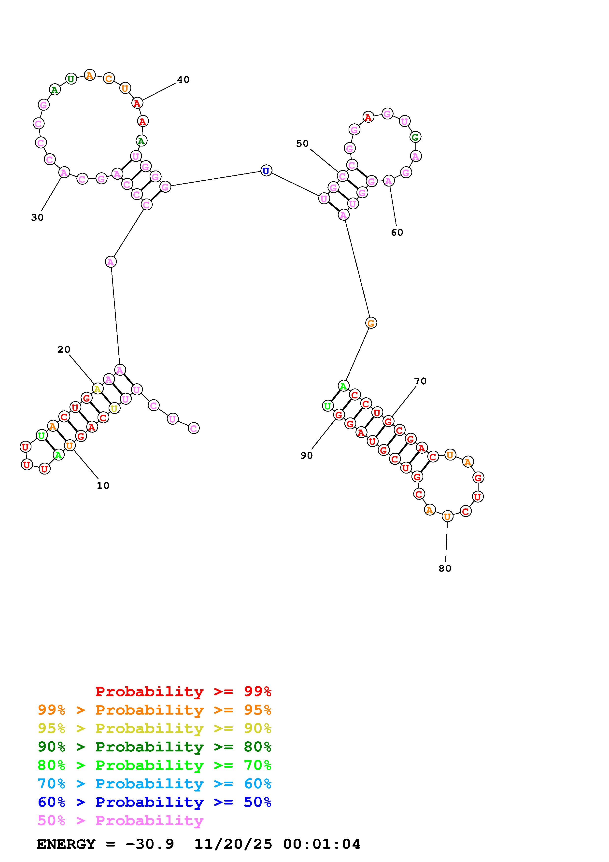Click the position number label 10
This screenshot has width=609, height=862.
click(103, 486)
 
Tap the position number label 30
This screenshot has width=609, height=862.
click(37, 217)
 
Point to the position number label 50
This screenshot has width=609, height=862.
click(302, 144)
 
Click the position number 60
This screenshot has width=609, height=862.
click(397, 232)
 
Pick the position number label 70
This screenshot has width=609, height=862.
click(420, 381)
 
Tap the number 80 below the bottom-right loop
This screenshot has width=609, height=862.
click(445, 568)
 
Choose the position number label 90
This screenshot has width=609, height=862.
click(307, 455)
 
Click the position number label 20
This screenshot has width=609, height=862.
click(64, 349)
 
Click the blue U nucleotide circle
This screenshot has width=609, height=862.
click(266, 171)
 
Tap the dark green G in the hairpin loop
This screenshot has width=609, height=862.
click(415, 137)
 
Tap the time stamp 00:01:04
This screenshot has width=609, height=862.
click(322, 844)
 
